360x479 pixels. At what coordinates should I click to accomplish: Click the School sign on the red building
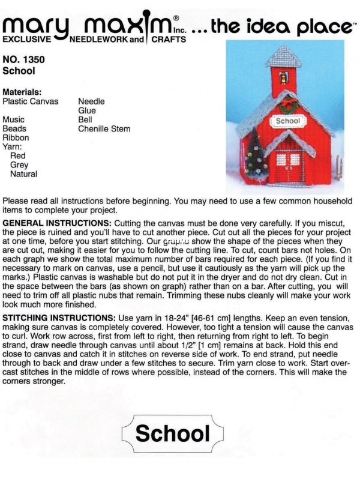tap(287, 121)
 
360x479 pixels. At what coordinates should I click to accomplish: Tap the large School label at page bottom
tap(172, 432)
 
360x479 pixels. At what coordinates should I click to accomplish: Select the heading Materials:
tap(22, 92)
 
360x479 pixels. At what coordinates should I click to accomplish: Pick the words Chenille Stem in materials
tap(104, 128)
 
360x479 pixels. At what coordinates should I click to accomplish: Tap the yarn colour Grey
tap(19, 165)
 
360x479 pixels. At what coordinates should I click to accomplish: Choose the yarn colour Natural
tap(23, 174)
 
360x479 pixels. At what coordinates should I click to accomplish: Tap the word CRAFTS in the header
tap(169, 40)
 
